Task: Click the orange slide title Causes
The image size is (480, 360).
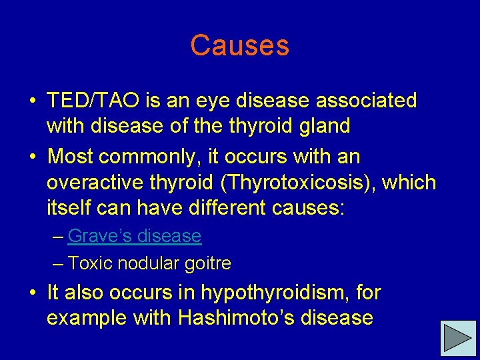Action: (239, 46)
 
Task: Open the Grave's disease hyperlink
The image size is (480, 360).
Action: (134, 236)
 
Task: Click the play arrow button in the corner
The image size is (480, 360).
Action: (459, 338)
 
